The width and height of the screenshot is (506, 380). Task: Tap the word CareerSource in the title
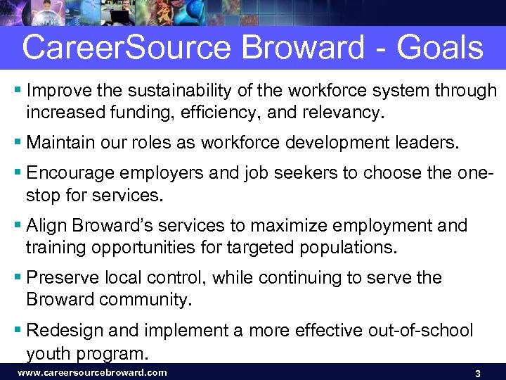point(126,49)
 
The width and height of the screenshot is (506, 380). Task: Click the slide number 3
point(477,373)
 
